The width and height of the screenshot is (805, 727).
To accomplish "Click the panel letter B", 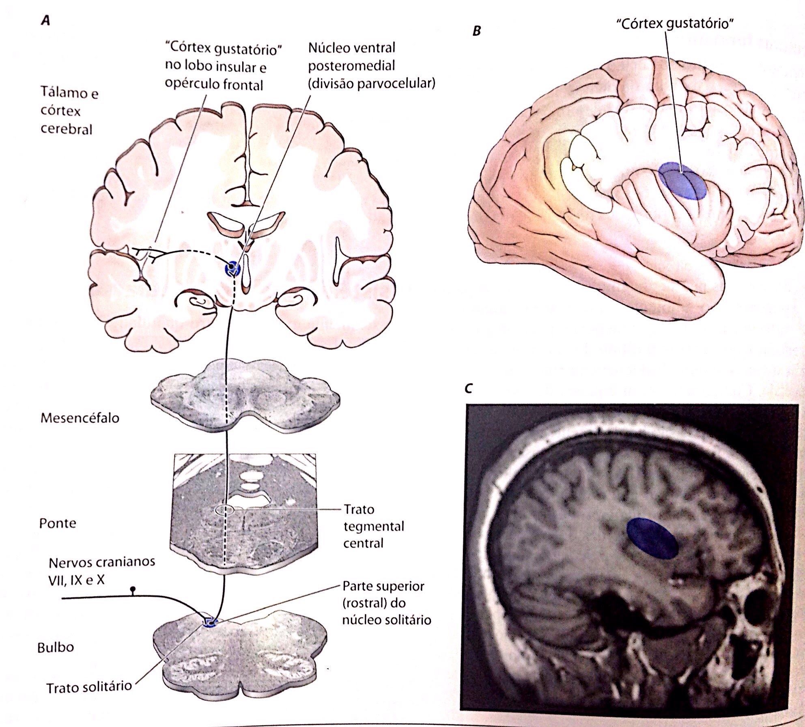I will coord(477,31).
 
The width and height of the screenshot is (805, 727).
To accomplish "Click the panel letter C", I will coord(469,388).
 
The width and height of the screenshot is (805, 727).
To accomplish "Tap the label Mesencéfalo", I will coord(80,418).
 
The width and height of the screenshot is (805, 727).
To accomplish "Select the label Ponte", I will coord(58,523).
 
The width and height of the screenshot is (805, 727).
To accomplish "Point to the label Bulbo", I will coord(56,647).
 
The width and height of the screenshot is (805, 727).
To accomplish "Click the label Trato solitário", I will coord(89,687).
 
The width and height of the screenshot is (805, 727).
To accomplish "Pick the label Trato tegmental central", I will coord(373,526).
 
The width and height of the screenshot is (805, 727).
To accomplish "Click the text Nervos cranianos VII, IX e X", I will coord(101,571).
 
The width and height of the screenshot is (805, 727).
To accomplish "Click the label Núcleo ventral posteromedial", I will coord(371,66).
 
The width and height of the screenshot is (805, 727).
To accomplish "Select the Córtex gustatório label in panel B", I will coord(675,24).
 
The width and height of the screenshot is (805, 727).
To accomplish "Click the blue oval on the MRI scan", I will coord(652,538).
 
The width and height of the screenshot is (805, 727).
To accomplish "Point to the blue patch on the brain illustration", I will coord(682,181).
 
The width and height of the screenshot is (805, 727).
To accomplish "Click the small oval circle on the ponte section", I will coord(224,510).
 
